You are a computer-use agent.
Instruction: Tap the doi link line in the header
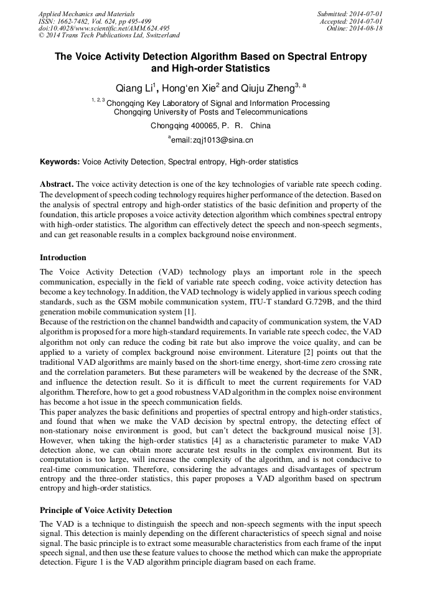point(104,28)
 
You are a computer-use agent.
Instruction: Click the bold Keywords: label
point(60,162)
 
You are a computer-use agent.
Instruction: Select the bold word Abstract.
point(57,185)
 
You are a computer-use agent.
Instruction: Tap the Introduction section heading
point(63,258)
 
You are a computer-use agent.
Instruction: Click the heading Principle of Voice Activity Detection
point(106,510)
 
